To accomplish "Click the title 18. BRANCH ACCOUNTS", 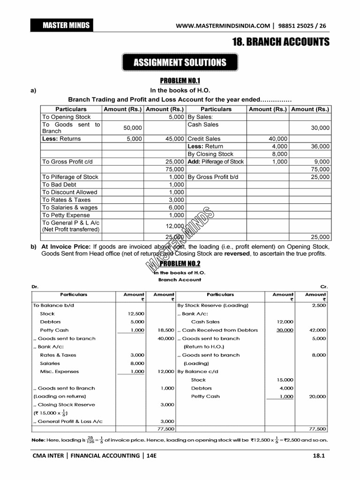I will tap(281, 42).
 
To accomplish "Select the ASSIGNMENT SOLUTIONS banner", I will tap(180, 62).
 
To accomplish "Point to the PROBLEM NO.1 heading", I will tap(180, 81).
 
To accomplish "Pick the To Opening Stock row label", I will tap(66, 117).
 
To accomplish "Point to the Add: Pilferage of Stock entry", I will tap(216, 162).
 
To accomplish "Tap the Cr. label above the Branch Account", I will tap(324, 286).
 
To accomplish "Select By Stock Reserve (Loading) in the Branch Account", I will tap(213, 305).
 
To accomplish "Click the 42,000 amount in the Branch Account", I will tap(317, 330).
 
